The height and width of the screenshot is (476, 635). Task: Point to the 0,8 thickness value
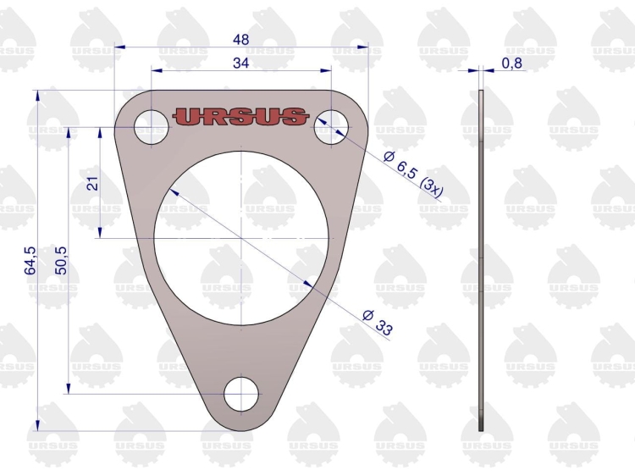coord(511,63)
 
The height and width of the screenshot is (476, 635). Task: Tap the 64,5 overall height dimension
coord(30,261)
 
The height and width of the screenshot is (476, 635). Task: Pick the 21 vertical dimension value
coord(93,183)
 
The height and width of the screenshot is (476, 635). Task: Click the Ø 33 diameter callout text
coord(378,324)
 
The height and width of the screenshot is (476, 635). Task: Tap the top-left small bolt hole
coord(152,128)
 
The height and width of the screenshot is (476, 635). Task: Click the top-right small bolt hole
coord(330,128)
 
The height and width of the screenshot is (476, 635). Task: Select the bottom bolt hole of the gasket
coord(241,394)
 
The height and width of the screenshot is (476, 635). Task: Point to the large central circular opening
coord(242,238)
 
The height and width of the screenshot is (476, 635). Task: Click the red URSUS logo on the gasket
coord(240,116)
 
